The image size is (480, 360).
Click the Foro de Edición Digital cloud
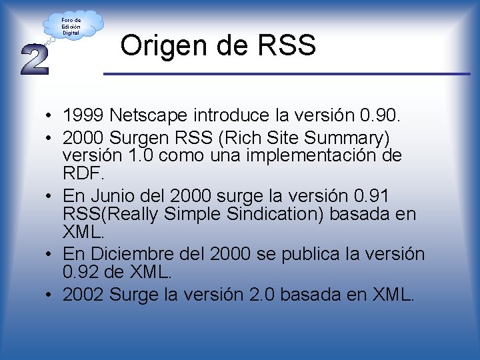(71, 26)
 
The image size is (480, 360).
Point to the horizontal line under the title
(287, 73)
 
